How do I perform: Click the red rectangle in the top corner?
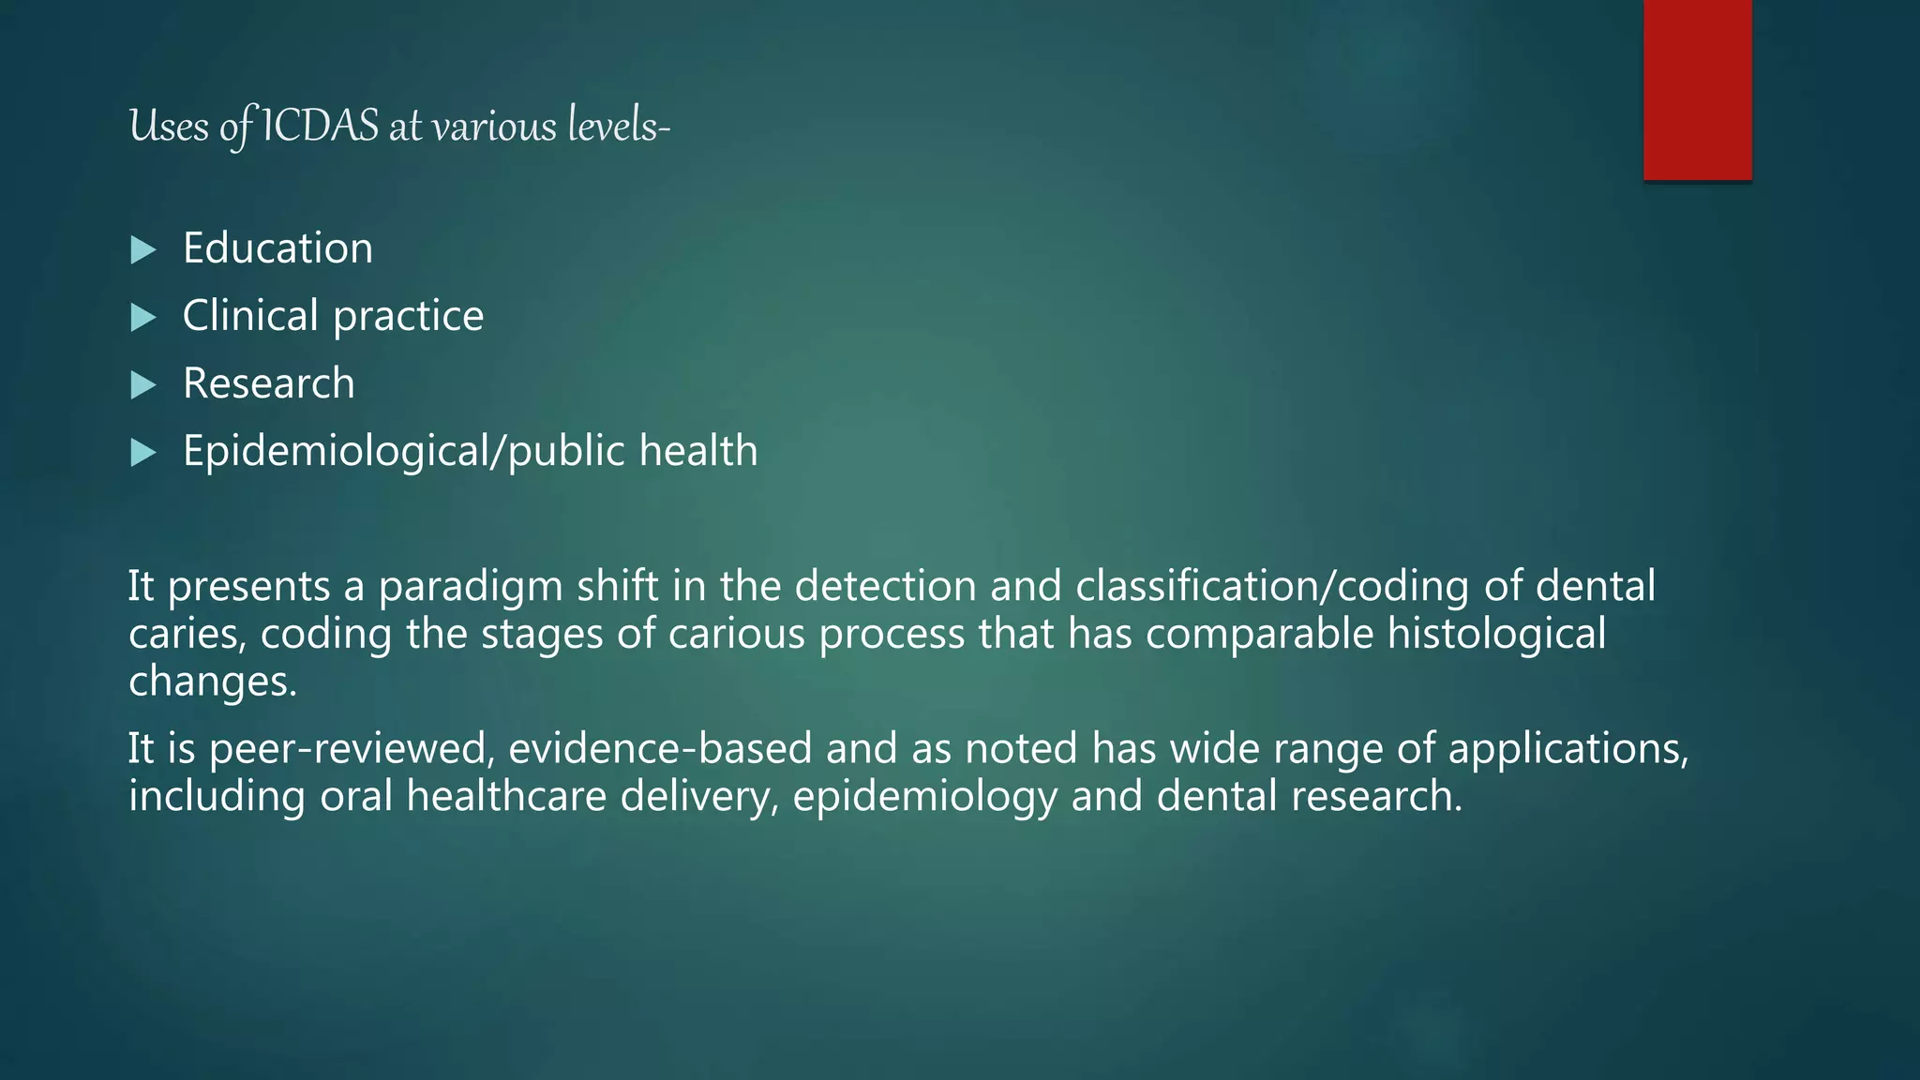click(x=1697, y=90)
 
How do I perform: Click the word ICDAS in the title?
click(x=320, y=127)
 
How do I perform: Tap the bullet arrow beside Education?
click(x=142, y=249)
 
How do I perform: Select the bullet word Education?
click(x=277, y=248)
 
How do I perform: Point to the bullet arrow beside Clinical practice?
click(x=142, y=317)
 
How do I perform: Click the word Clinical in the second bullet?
click(x=250, y=316)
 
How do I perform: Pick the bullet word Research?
click(x=269, y=383)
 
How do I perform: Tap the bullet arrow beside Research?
click(x=142, y=384)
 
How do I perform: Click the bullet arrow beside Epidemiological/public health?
click(x=142, y=453)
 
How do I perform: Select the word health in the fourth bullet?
click(x=698, y=451)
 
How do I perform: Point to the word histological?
click(x=1497, y=634)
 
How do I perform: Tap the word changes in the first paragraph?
click(x=212, y=682)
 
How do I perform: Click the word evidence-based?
click(x=660, y=749)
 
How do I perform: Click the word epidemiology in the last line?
click(x=924, y=797)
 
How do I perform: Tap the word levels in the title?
click(x=614, y=127)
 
